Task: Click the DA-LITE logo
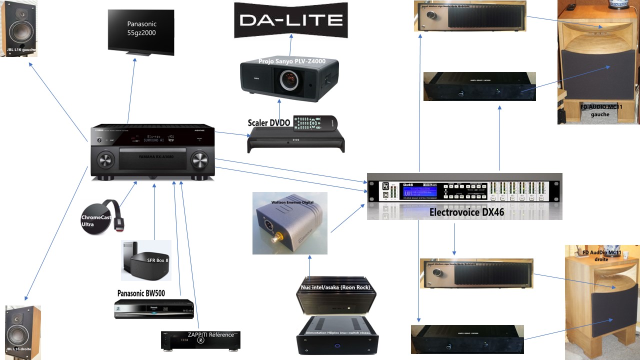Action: click(x=291, y=20)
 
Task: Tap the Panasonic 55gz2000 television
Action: click(x=141, y=30)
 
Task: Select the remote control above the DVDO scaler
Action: click(x=315, y=122)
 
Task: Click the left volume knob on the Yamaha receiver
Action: click(x=106, y=160)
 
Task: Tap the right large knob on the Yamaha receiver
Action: click(x=198, y=160)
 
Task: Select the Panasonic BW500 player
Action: click(x=153, y=308)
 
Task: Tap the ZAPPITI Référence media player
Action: click(x=200, y=340)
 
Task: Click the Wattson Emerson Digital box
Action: click(x=290, y=222)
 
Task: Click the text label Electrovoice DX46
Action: click(x=466, y=212)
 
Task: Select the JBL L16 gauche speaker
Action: click(x=18, y=28)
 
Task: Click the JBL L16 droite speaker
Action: click(x=22, y=332)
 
